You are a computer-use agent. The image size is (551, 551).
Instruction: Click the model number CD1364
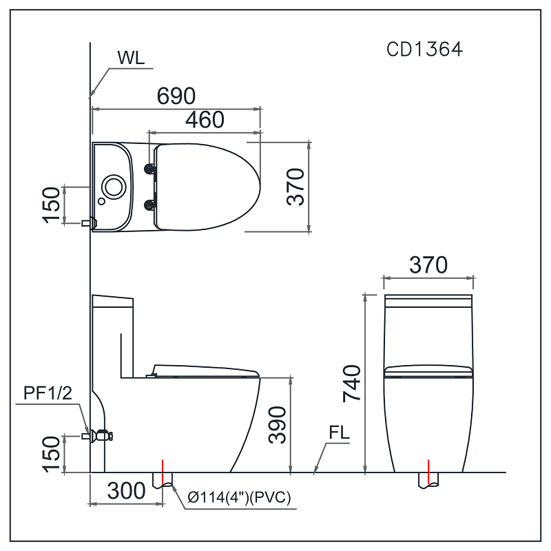click(x=424, y=50)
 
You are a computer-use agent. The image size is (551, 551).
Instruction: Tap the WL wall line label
click(x=131, y=58)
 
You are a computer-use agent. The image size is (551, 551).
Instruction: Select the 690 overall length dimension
click(x=176, y=96)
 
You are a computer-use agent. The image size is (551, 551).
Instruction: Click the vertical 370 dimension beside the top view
click(x=296, y=187)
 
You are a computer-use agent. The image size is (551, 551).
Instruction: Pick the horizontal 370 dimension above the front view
click(x=428, y=264)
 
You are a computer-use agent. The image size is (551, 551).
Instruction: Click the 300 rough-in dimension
click(x=127, y=490)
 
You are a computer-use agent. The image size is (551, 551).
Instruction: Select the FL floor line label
click(x=339, y=434)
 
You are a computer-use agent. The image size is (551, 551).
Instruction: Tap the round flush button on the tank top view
click(x=112, y=185)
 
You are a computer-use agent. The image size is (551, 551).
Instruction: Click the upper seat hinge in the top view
click(x=149, y=168)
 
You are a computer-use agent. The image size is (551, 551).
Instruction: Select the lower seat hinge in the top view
click(x=149, y=203)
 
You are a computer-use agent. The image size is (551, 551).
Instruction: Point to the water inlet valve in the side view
click(x=101, y=435)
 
